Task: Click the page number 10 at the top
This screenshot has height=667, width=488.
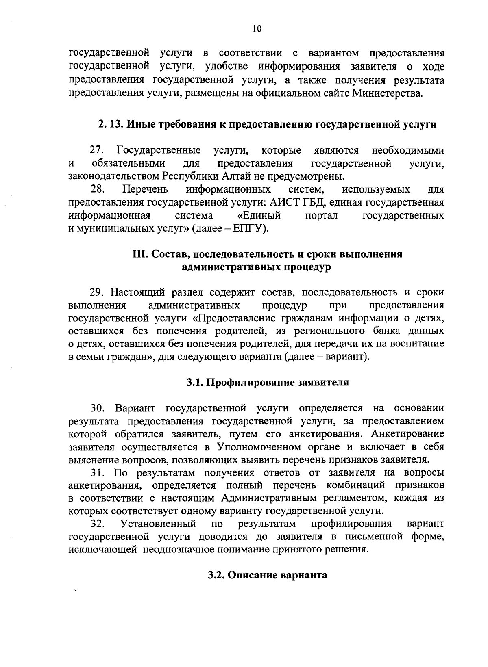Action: pos(257,28)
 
